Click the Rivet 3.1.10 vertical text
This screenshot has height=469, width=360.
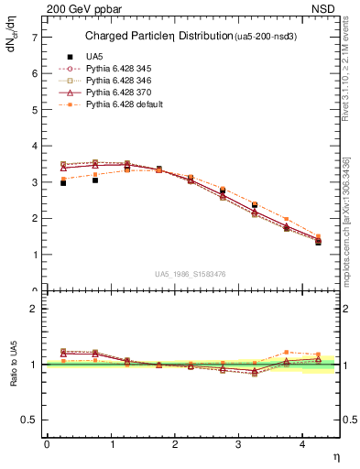coord(346,75)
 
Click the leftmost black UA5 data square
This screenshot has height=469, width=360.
coord(63,183)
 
